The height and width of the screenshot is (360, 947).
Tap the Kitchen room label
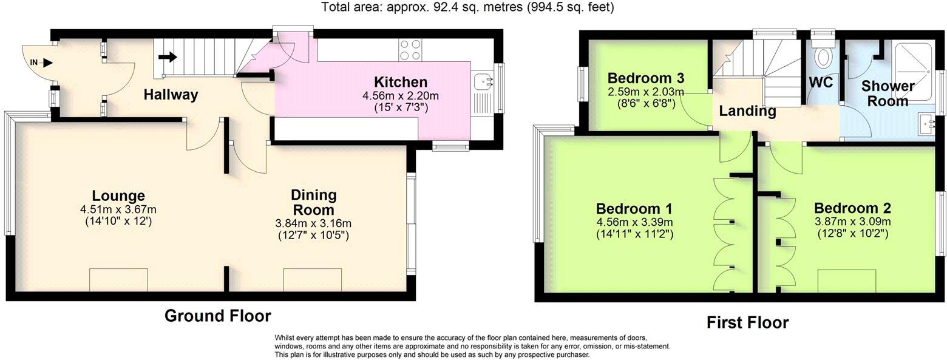tap(400, 82)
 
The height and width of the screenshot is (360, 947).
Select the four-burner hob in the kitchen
tap(410, 50)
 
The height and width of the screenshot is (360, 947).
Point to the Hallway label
tap(171, 95)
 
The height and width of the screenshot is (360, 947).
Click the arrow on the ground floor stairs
tap(168, 58)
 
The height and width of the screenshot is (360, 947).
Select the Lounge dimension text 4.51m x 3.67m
tap(118, 209)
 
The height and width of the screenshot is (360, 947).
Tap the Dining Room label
tap(313, 202)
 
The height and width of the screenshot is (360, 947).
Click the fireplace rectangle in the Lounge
tap(118, 280)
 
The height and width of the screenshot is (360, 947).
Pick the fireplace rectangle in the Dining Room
tap(313, 280)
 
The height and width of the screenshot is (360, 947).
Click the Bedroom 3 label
tap(646, 78)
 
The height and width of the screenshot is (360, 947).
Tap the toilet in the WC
tap(823, 56)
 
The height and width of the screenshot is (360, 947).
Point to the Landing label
tap(747, 111)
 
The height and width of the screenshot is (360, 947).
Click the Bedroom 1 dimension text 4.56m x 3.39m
tap(634, 222)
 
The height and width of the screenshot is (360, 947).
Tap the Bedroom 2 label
tap(852, 208)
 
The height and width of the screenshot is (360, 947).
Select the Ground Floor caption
tap(217, 316)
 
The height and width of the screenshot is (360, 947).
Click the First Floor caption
tap(747, 322)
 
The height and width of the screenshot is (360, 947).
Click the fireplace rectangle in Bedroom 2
tap(846, 281)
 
